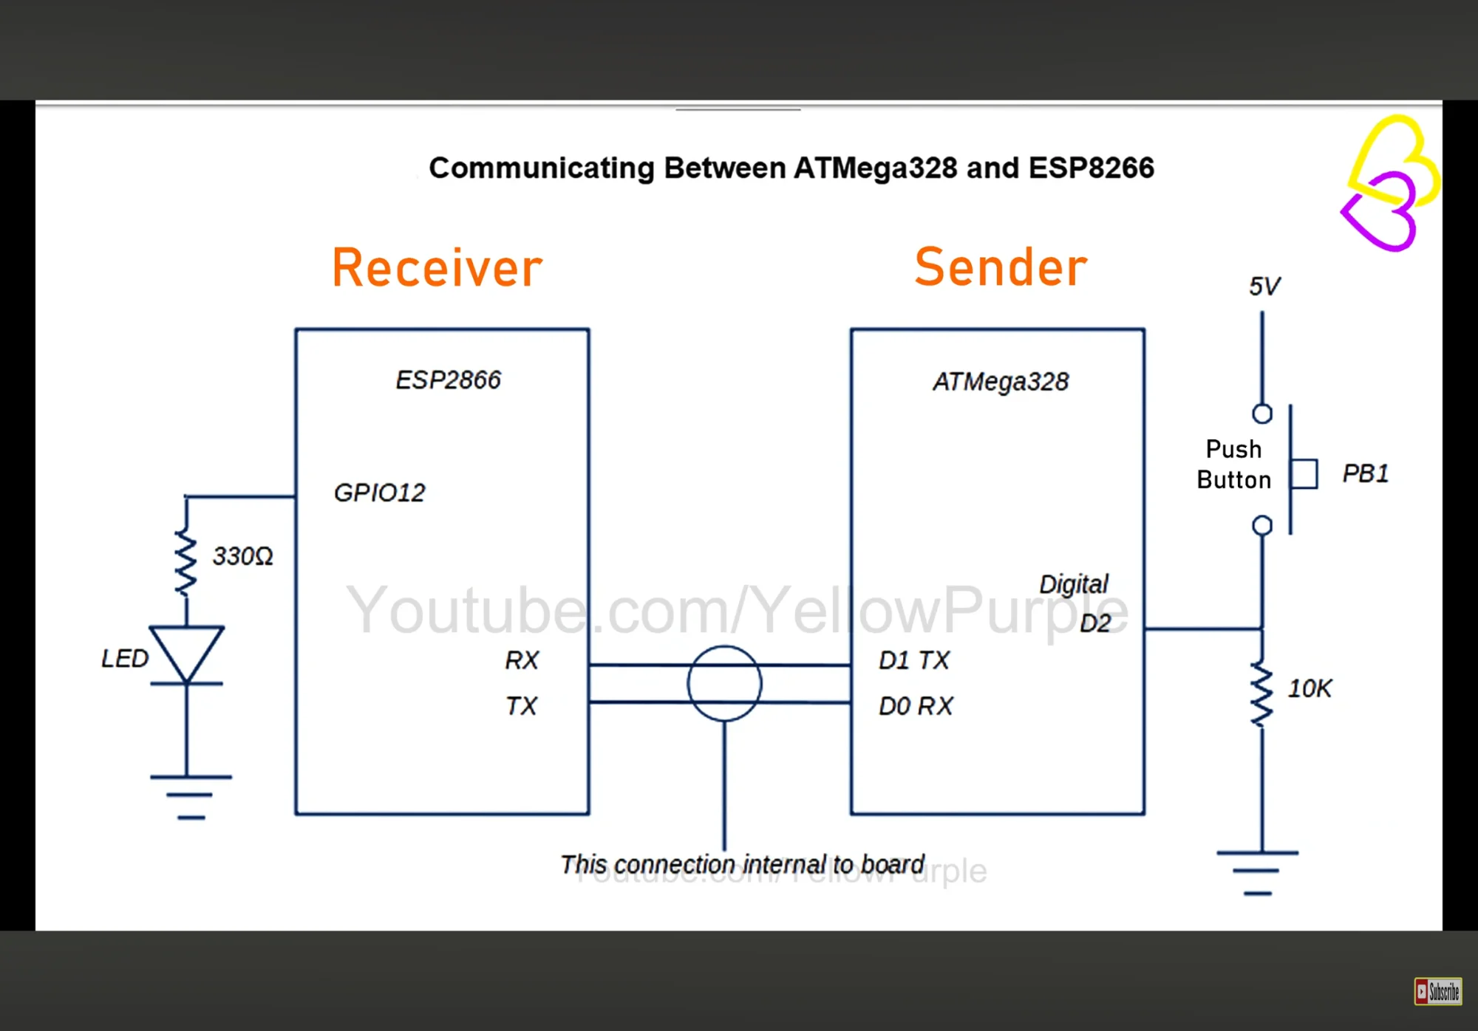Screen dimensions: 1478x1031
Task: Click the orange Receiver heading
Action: point(437,267)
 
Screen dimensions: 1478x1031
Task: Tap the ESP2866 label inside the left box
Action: point(448,380)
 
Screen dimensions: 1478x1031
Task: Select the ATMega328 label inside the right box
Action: point(1001,382)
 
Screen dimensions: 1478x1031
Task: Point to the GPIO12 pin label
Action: point(380,493)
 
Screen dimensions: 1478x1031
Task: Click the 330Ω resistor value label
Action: point(243,556)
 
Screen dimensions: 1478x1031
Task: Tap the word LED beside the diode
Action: point(125,658)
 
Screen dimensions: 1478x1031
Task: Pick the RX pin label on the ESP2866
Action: point(522,660)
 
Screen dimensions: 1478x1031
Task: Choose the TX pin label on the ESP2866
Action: point(521,706)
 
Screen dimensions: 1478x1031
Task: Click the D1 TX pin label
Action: point(914,660)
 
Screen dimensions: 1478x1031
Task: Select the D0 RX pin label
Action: point(916,706)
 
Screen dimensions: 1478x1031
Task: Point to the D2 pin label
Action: point(1095,623)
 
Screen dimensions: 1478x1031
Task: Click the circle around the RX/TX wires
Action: point(688,684)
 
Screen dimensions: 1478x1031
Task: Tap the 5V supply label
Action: point(1264,287)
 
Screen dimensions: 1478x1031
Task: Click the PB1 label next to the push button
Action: point(1366,473)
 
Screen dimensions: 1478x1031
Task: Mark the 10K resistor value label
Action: point(1310,688)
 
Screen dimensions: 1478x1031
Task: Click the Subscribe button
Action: point(1438,991)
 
